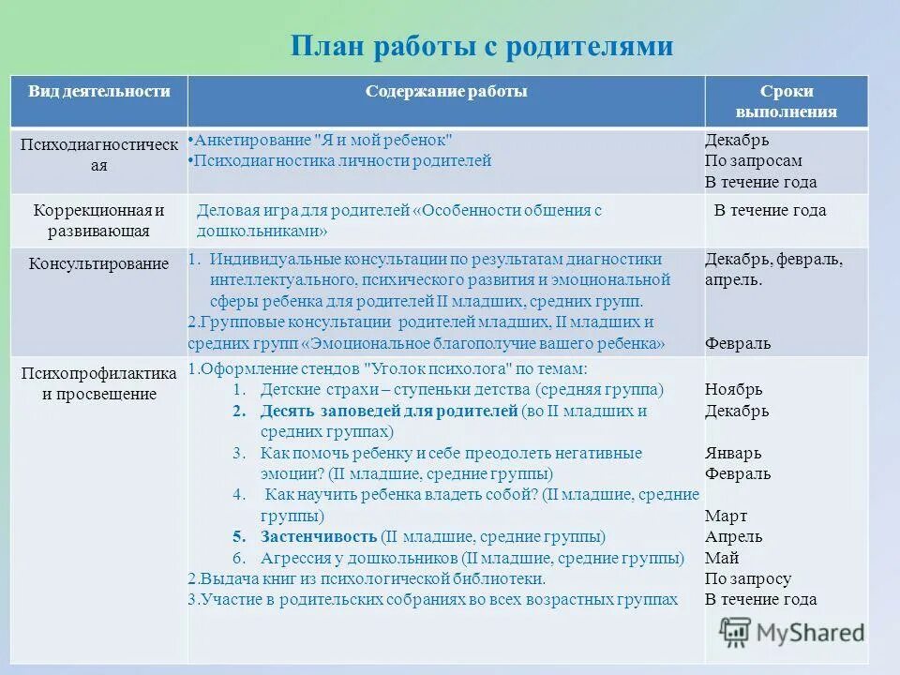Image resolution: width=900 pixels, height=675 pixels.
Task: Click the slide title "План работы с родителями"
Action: point(482,46)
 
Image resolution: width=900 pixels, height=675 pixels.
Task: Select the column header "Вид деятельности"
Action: point(99,91)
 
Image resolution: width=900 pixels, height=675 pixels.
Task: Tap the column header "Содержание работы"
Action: point(446,91)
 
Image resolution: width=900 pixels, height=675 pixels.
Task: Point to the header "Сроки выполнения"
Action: point(787,101)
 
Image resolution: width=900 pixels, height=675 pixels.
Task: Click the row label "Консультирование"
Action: point(99,264)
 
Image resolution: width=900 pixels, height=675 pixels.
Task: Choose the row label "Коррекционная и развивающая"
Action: point(99,220)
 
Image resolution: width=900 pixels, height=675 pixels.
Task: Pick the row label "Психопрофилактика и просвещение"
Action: point(99,383)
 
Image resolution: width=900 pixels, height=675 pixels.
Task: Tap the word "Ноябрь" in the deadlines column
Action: point(734,389)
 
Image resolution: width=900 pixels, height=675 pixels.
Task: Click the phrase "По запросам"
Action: point(753,161)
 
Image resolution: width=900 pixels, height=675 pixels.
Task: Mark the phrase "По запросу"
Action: point(748,578)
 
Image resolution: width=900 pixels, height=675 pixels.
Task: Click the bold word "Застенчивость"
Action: point(318,537)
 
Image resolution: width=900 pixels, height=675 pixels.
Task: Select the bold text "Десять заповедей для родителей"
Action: point(389,411)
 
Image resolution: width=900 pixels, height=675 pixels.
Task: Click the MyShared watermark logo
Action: point(792,633)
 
